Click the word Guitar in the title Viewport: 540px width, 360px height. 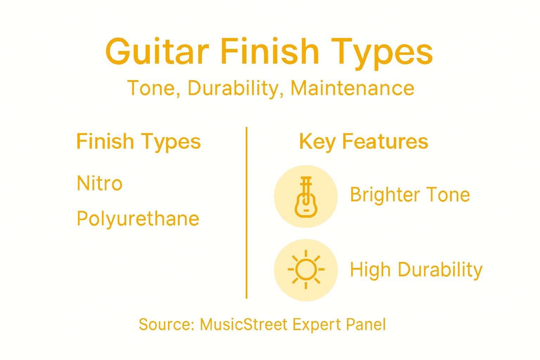tap(157, 52)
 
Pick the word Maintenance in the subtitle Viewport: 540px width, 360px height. tap(352, 88)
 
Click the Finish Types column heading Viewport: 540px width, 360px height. tap(138, 142)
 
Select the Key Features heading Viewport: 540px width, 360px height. tap(364, 142)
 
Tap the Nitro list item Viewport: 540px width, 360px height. tap(99, 184)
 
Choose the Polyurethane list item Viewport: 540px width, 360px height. tap(138, 219)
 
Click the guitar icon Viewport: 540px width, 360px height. tap(306, 197)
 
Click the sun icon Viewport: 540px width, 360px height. tap(306, 270)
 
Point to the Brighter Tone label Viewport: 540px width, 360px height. tap(410, 195)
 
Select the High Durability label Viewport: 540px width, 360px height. tap(416, 270)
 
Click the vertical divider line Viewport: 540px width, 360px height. tap(246, 213)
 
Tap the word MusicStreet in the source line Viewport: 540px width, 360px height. tap(244, 324)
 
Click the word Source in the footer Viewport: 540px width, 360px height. tap(166, 324)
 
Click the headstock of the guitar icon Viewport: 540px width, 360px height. tap(306, 181)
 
